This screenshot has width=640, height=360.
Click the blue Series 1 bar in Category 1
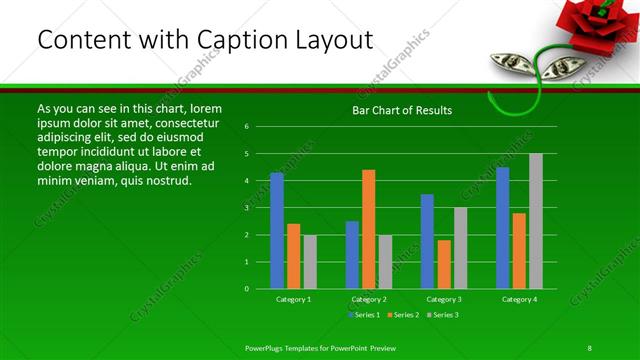(x=277, y=231)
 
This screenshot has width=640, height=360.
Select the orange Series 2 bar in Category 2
(x=369, y=229)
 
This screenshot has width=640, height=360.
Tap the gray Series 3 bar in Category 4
(x=536, y=221)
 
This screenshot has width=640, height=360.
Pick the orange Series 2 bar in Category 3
(x=444, y=264)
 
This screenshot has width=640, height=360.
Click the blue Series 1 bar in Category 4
(x=503, y=228)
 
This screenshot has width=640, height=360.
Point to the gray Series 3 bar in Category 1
(x=310, y=262)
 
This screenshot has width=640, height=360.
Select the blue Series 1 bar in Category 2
(x=352, y=255)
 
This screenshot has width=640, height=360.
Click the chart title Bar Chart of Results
(x=402, y=110)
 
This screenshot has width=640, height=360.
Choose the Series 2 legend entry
(x=402, y=315)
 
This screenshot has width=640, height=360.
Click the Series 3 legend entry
(x=443, y=315)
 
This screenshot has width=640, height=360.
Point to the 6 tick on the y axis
(x=247, y=127)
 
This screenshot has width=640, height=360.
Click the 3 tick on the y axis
(x=247, y=208)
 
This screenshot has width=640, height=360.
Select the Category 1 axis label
(x=294, y=299)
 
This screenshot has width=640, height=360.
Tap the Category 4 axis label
(x=519, y=299)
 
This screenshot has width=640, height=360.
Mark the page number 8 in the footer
(x=589, y=347)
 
